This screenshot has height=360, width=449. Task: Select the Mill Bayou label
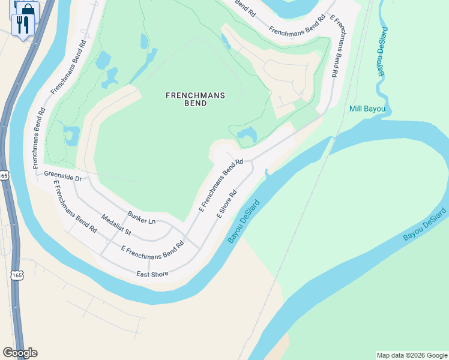[367, 109]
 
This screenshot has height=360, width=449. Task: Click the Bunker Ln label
[141, 218]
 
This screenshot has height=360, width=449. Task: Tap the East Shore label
[152, 274]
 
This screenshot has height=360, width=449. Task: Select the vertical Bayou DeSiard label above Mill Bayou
[382, 51]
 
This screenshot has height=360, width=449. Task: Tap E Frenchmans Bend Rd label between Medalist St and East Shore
[152, 251]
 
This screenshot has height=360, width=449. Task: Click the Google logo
[20, 353]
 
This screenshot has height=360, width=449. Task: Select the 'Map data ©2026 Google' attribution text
[411, 355]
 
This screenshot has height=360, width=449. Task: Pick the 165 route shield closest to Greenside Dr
[4, 175]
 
